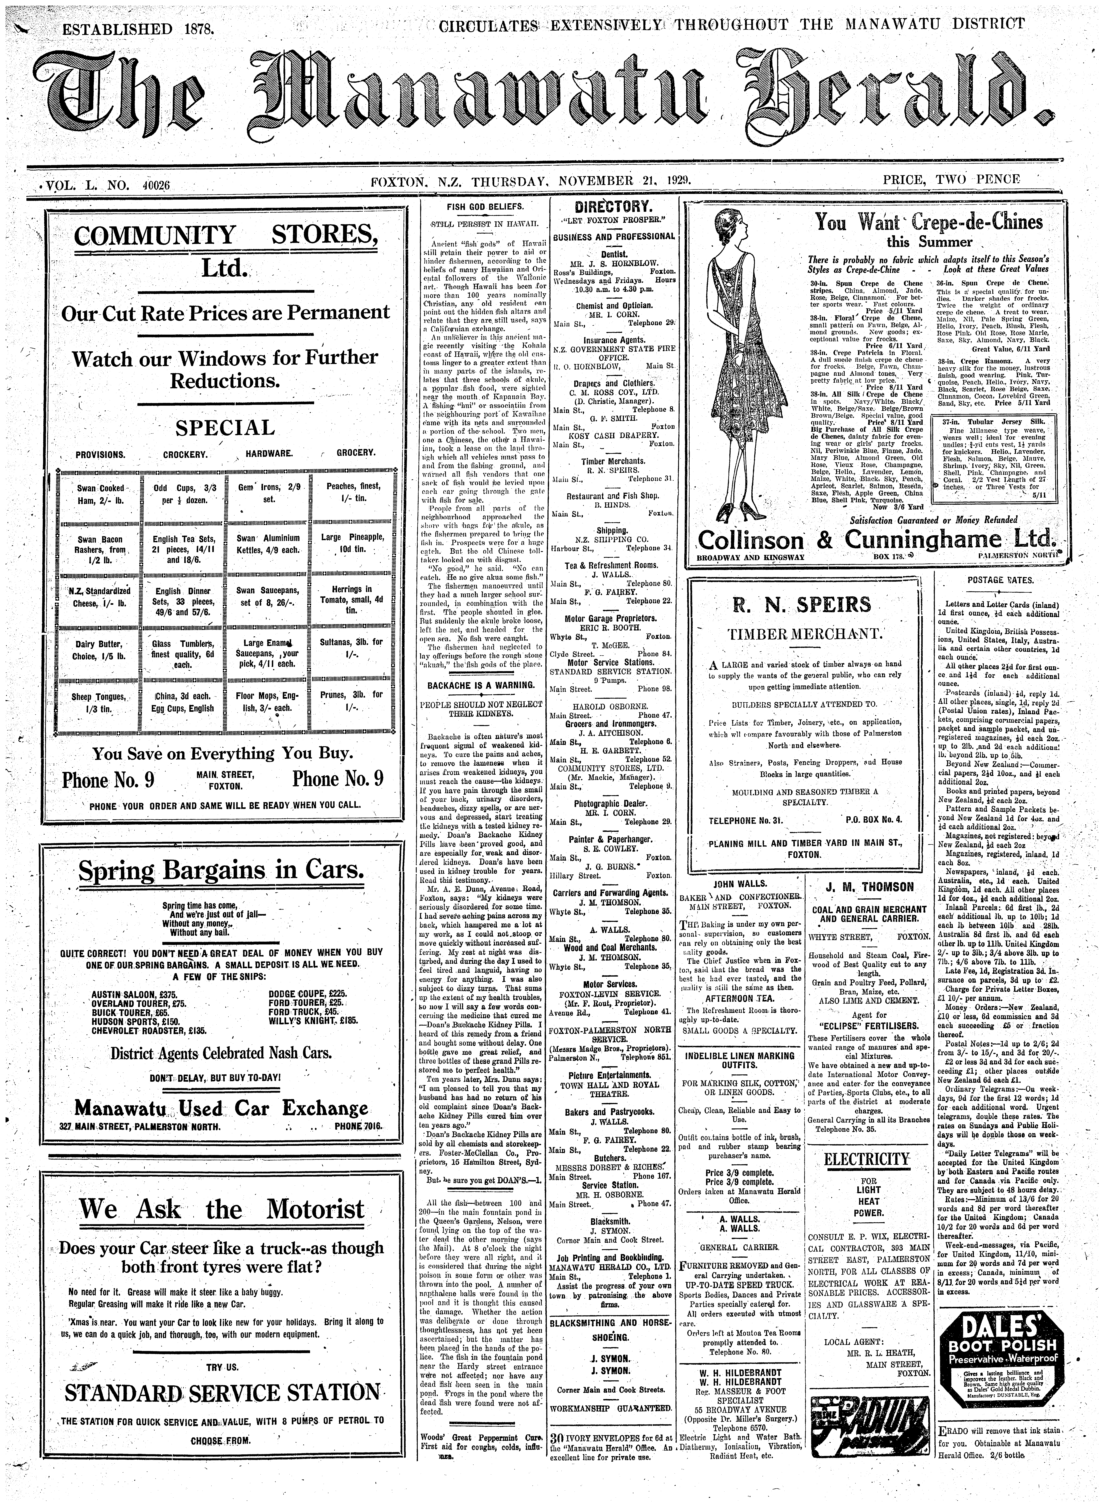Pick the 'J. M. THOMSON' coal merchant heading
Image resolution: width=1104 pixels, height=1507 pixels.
869,887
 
